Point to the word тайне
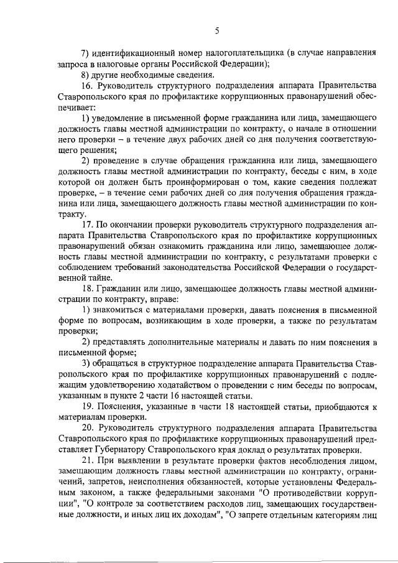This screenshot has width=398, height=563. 101,279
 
